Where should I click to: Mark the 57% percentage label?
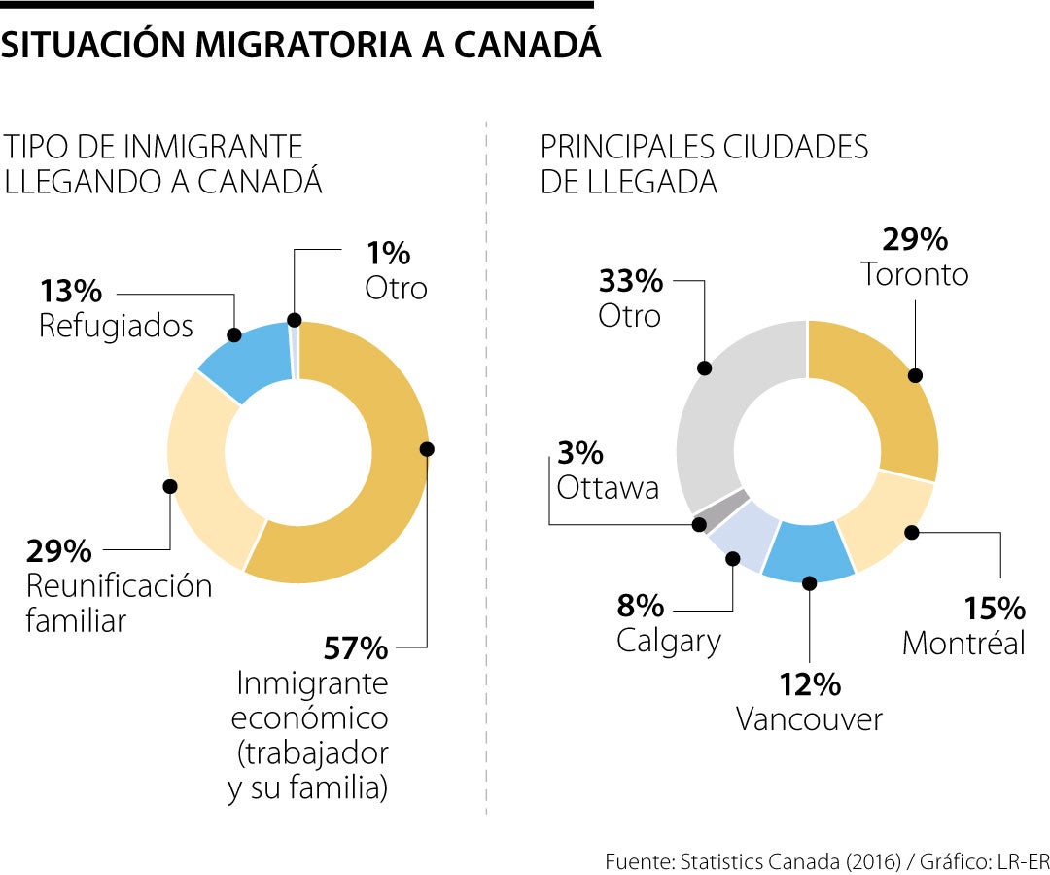(355, 647)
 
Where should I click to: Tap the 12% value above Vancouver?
(809, 684)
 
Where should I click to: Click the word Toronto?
(915, 275)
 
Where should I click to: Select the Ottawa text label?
(608, 487)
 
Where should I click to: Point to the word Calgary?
(669, 641)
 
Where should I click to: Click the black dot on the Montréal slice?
(911, 532)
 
